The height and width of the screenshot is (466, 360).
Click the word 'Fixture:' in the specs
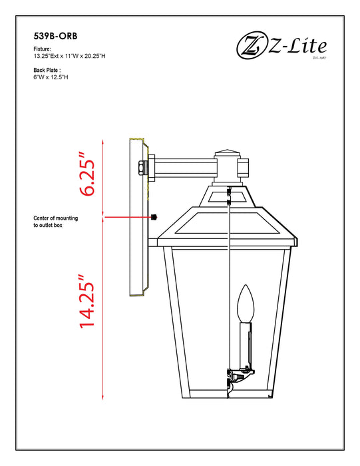pyautogui.click(x=43, y=50)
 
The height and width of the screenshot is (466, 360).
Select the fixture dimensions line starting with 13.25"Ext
pyautogui.click(x=69, y=57)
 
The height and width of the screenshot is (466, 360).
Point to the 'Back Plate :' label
pyautogui.click(x=47, y=69)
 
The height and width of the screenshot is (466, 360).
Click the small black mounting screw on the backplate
pyautogui.click(x=154, y=218)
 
